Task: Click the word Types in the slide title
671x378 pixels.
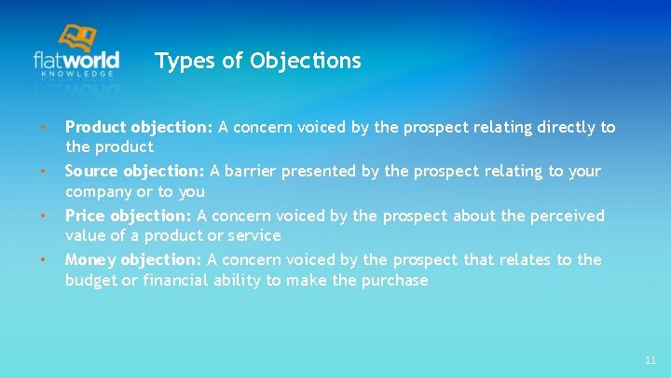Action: point(179,62)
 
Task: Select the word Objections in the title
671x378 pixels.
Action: point(305,62)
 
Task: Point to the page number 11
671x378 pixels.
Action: point(650,360)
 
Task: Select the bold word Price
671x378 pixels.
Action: point(85,217)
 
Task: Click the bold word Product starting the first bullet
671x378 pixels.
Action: point(96,127)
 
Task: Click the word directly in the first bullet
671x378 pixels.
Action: point(565,127)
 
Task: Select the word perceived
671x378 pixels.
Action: point(562,217)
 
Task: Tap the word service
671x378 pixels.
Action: point(253,236)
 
